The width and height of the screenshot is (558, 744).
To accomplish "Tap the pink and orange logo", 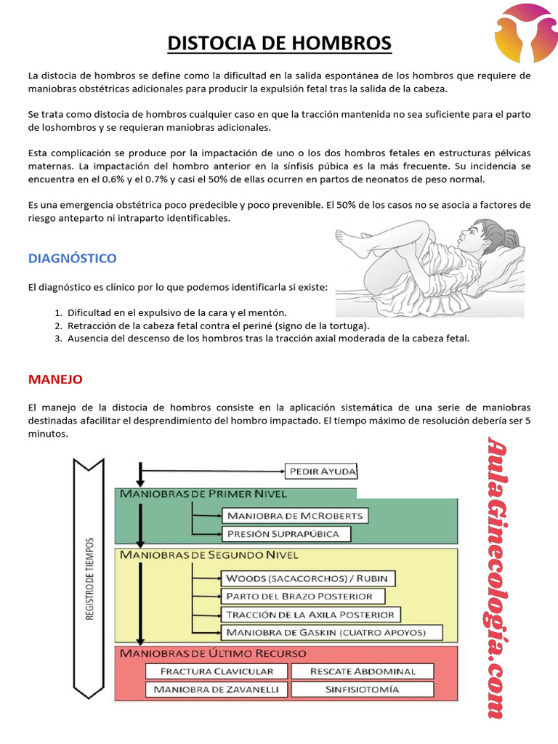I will (x=525, y=33).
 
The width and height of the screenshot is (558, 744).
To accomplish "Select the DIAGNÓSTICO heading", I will (x=72, y=258).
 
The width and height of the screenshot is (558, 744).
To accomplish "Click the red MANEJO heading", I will (x=55, y=379).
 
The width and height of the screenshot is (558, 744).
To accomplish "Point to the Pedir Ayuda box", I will (x=322, y=471).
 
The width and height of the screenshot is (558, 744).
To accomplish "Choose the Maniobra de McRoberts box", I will (x=294, y=516).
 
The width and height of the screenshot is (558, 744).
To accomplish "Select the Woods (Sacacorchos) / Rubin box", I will (x=309, y=578).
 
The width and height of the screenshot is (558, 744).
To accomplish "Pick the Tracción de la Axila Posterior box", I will (x=310, y=614).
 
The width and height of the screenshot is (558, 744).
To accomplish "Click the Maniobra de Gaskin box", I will (x=333, y=632).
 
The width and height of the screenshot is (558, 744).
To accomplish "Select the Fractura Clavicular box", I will (x=217, y=671).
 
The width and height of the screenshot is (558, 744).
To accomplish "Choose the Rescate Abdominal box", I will (x=363, y=671).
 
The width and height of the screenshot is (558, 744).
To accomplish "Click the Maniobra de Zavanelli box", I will (x=217, y=689).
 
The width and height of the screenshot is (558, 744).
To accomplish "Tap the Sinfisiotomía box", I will (x=363, y=689).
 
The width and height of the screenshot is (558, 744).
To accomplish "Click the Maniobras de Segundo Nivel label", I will (x=209, y=555).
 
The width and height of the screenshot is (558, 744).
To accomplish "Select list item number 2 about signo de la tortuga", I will (x=218, y=325).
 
